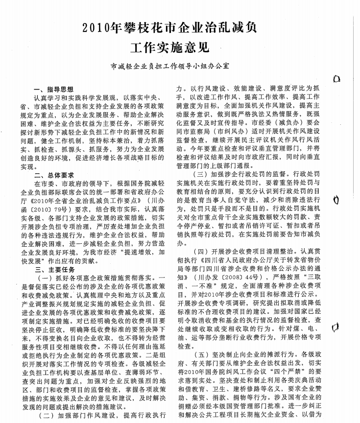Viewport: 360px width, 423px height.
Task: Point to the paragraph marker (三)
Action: click(202, 174)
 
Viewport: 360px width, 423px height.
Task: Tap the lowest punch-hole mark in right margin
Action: click(337, 326)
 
